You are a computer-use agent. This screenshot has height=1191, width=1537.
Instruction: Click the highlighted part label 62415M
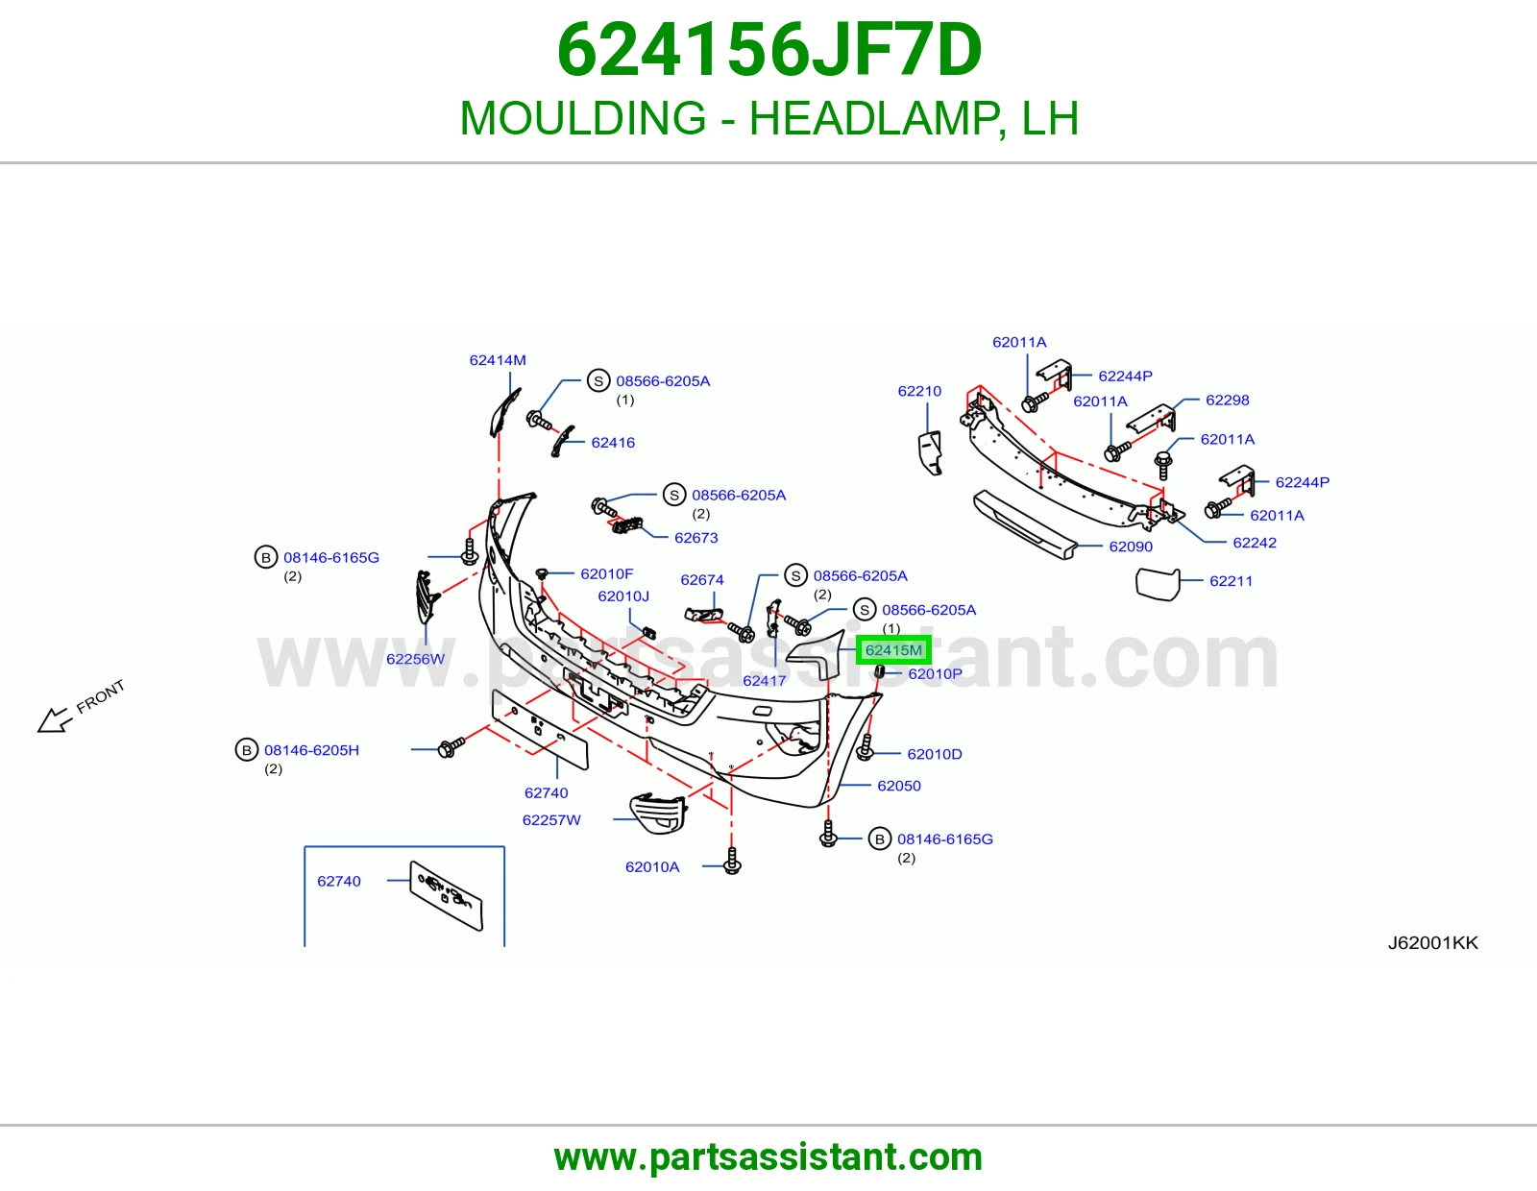click(x=893, y=650)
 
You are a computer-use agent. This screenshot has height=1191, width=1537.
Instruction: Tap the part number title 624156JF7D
click(x=768, y=50)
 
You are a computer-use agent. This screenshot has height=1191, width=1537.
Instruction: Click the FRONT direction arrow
click(x=55, y=720)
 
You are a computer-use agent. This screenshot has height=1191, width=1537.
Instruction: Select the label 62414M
click(x=498, y=360)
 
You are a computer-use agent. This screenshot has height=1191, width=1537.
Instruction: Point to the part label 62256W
click(x=415, y=659)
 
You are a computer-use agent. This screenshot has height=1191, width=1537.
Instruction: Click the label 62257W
click(x=551, y=820)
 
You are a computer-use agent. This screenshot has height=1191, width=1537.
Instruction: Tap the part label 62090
click(x=1131, y=547)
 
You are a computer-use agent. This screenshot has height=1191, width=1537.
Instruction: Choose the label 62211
click(x=1231, y=581)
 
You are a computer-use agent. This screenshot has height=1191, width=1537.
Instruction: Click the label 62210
click(x=919, y=391)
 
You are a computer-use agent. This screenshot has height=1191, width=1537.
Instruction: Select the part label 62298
click(x=1227, y=401)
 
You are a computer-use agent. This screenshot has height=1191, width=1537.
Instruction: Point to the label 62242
click(x=1254, y=544)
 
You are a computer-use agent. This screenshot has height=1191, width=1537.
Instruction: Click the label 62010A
click(x=652, y=867)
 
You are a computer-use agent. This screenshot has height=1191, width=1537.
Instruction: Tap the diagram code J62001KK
click(x=1432, y=943)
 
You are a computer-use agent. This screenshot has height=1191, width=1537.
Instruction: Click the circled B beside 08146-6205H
click(x=246, y=750)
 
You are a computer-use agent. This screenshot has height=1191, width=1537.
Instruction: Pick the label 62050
click(x=899, y=786)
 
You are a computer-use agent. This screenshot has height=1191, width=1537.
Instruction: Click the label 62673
click(x=696, y=538)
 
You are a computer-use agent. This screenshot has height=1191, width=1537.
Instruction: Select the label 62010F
click(x=607, y=573)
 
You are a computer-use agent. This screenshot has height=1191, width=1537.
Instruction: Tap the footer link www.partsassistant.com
click(x=768, y=1157)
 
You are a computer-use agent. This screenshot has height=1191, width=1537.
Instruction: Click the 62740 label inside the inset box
click(x=339, y=881)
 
